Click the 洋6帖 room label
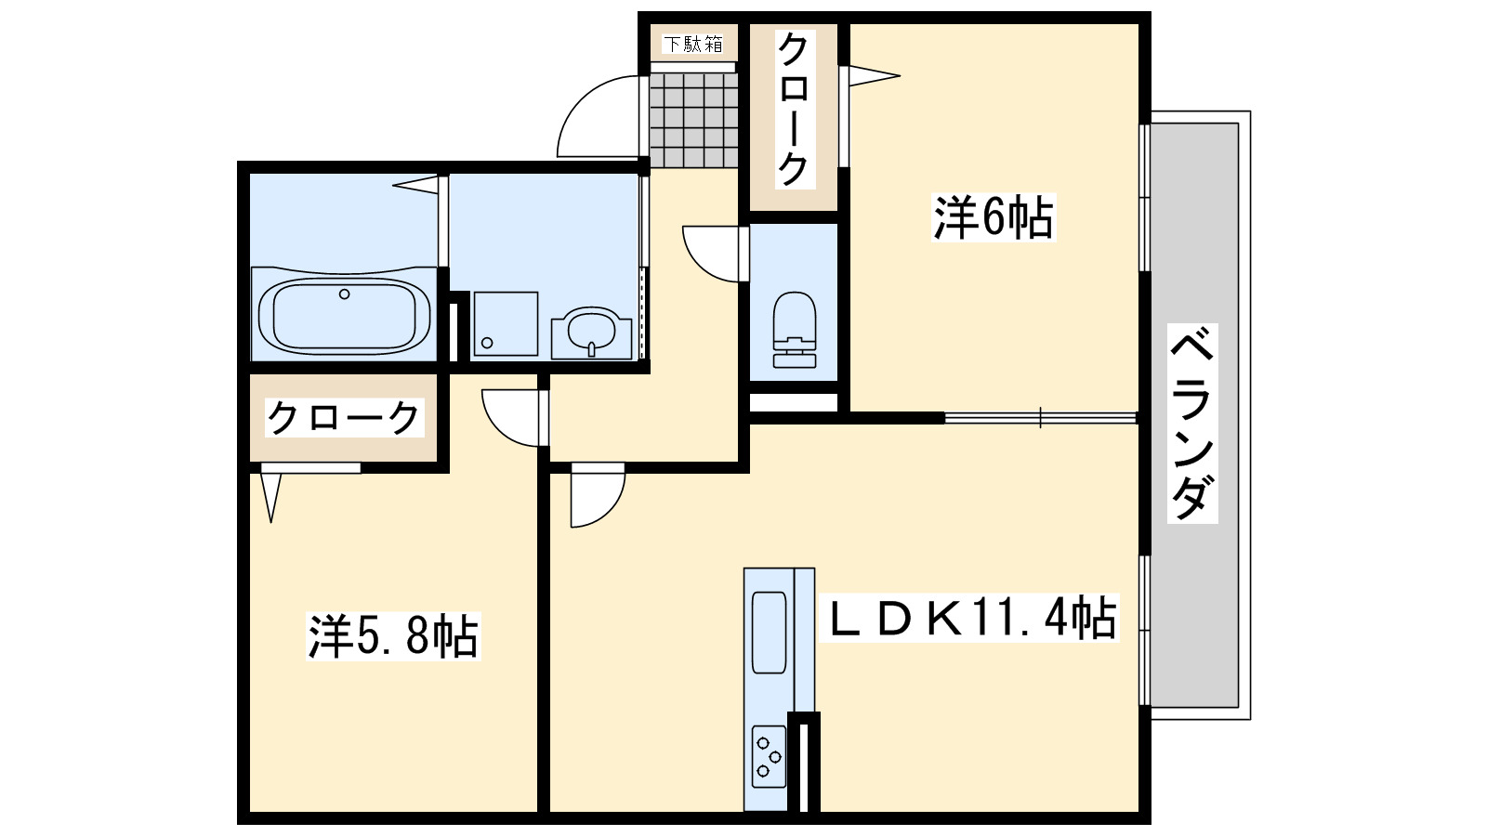(x=994, y=217)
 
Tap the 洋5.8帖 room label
(x=393, y=637)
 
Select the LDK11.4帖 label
(x=969, y=618)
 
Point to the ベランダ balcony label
(x=1192, y=423)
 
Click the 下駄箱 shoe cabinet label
(x=693, y=44)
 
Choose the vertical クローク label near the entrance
(x=794, y=110)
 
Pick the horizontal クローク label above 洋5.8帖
(x=343, y=418)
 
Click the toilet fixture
(x=795, y=330)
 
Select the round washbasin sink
(x=591, y=330)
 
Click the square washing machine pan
(x=506, y=323)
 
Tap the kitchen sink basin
(x=769, y=632)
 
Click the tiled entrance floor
(x=693, y=120)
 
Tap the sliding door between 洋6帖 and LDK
(x=1041, y=418)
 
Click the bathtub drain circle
(x=344, y=294)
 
